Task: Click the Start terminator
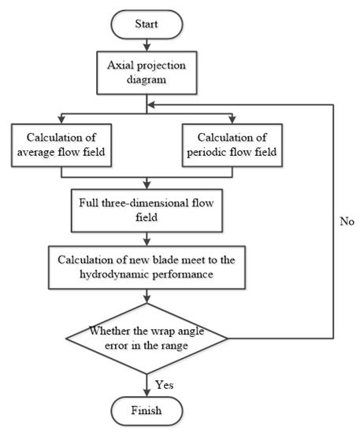pos(147,23)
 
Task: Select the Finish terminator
pos(147,411)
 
